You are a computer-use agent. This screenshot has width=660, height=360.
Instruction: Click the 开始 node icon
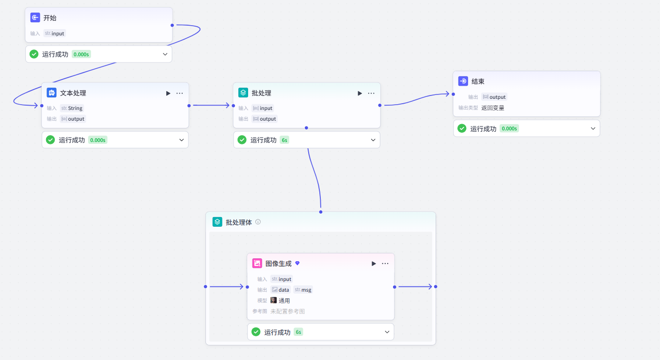tap(35, 17)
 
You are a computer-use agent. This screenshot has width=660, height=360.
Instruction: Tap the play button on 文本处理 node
tap(168, 94)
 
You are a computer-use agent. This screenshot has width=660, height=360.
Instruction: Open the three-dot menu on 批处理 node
tap(371, 94)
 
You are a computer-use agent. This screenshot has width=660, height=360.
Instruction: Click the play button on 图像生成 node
tap(374, 264)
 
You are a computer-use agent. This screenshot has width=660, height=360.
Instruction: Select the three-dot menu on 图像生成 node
tap(385, 264)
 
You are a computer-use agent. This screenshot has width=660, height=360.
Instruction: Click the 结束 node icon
tap(463, 81)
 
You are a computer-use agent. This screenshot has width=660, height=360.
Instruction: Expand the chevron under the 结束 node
tap(593, 128)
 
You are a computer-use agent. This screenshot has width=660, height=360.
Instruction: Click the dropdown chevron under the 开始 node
tap(165, 54)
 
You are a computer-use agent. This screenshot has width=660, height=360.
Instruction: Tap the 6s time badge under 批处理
tap(284, 140)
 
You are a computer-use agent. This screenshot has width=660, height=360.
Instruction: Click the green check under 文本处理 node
tap(50, 140)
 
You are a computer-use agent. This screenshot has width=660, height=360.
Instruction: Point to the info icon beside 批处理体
tap(258, 222)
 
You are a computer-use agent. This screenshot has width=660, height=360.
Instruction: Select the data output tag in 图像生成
tap(281, 290)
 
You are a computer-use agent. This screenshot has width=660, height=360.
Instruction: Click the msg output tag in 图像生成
tap(303, 290)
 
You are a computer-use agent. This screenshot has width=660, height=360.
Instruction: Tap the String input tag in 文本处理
tap(72, 108)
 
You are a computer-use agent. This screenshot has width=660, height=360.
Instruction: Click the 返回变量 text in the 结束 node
tap(493, 108)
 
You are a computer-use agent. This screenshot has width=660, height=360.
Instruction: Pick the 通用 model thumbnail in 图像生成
tap(273, 300)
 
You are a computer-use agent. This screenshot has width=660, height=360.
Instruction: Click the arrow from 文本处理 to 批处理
tap(211, 105)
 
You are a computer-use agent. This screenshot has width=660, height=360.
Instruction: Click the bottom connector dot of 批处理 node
tap(306, 128)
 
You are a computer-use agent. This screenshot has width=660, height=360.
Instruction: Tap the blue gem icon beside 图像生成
tap(298, 263)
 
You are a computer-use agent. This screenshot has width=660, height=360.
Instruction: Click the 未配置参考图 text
tap(287, 312)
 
